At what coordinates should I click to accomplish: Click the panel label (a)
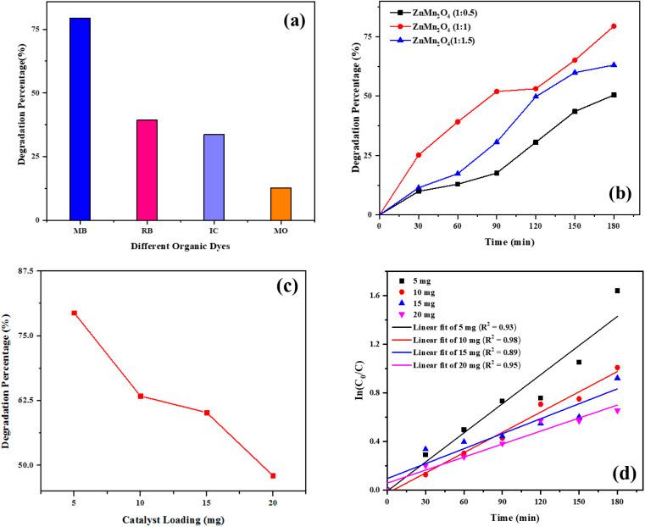(280, 18)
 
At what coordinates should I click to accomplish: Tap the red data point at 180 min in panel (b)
(614, 26)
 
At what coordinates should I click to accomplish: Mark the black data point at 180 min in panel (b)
(614, 95)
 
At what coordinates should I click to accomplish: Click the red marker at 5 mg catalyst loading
(74, 313)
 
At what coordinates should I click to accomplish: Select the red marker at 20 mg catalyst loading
(273, 475)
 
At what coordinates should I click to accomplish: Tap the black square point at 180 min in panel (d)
(617, 291)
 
